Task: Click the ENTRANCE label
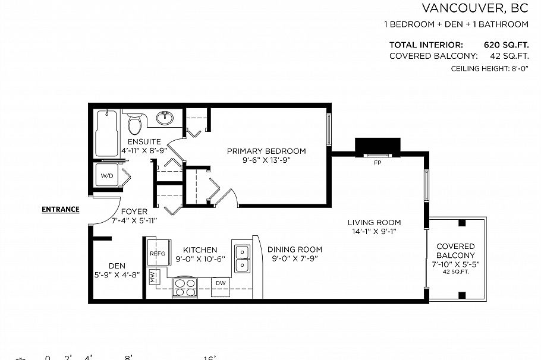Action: pyautogui.click(x=60, y=209)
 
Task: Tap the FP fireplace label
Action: pyautogui.click(x=378, y=162)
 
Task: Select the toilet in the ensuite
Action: pyautogui.click(x=135, y=124)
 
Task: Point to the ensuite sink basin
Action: pyautogui.click(x=166, y=118)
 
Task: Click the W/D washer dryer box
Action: pyautogui.click(x=108, y=176)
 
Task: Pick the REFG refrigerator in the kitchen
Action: pyautogui.click(x=157, y=254)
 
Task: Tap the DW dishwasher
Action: pyautogui.click(x=221, y=283)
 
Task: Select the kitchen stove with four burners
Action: pyautogui.click(x=185, y=288)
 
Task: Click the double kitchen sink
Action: pyautogui.click(x=242, y=258)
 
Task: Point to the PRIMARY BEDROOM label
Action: pyautogui.click(x=266, y=151)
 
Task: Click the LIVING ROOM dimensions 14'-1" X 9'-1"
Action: pyautogui.click(x=374, y=232)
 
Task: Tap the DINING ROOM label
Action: pyautogui.click(x=294, y=250)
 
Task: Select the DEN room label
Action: pyautogui.click(x=117, y=266)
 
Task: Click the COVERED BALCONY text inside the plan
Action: pyautogui.click(x=455, y=250)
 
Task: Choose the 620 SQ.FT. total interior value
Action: pyautogui.click(x=505, y=45)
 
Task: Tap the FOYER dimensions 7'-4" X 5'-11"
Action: pyautogui.click(x=134, y=220)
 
